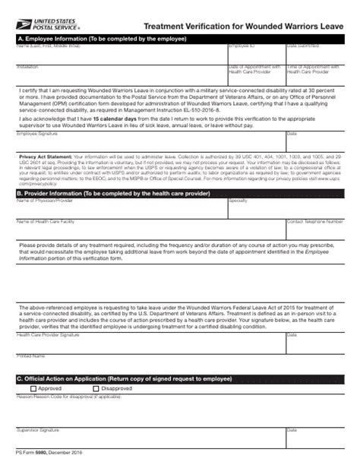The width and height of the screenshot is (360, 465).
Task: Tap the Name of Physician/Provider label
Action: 45,201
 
